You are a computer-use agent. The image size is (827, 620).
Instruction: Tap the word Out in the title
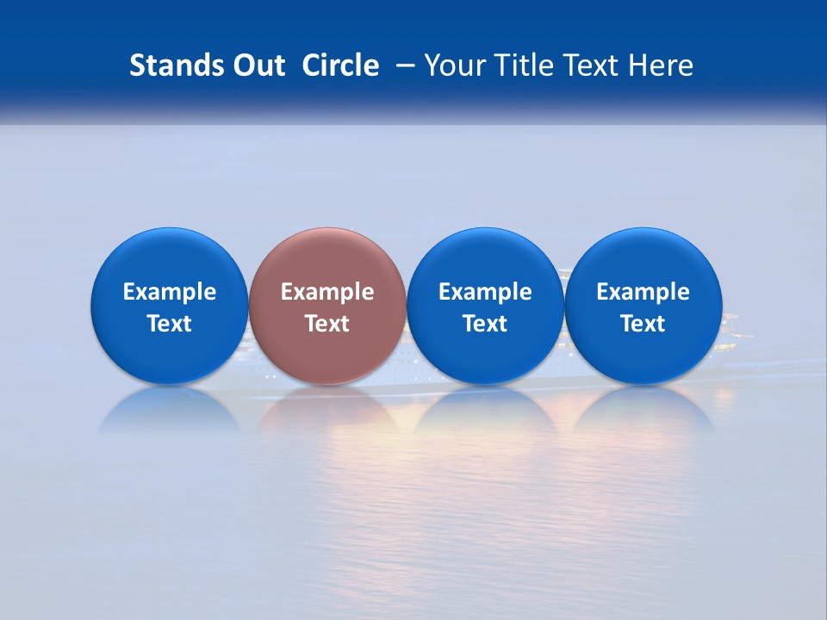click(256, 65)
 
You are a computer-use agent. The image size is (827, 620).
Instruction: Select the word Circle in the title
click(340, 65)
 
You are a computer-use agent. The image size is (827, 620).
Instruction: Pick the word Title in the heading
click(525, 65)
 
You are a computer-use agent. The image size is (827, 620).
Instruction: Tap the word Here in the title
click(662, 65)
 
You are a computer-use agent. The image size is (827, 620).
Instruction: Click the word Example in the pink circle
click(327, 292)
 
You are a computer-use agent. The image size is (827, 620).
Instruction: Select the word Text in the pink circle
click(327, 324)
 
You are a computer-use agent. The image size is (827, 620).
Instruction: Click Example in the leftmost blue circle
click(170, 292)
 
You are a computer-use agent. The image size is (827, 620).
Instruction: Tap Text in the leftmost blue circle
click(170, 324)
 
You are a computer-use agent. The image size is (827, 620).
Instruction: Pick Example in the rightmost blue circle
click(643, 292)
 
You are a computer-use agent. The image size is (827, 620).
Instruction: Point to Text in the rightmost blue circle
click(643, 324)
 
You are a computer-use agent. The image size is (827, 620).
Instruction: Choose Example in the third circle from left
click(485, 292)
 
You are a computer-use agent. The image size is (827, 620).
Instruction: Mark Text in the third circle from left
click(485, 324)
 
